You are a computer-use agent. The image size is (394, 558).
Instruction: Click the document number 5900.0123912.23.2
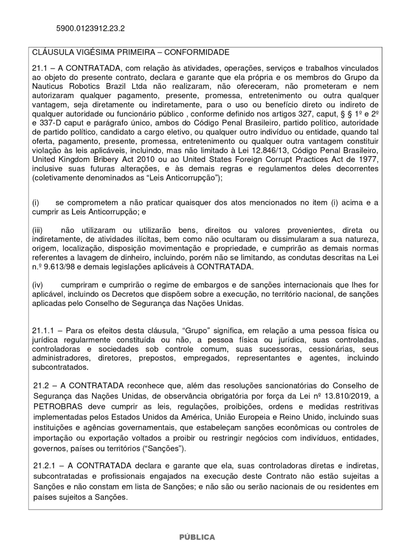(90, 27)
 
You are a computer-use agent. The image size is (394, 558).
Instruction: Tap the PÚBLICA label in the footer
(196, 537)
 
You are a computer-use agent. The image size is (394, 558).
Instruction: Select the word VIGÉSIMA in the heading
(93, 52)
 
